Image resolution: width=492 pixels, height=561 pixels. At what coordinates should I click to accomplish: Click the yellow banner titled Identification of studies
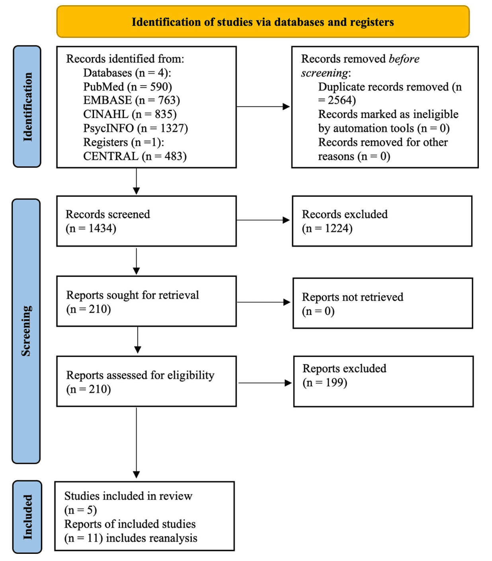263,22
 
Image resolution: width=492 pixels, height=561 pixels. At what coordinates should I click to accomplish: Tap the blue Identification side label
27,106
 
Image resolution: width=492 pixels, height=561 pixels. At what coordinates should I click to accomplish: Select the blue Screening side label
26,331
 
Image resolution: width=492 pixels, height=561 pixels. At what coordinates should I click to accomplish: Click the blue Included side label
27,517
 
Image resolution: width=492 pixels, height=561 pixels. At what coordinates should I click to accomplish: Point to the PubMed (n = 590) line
127,87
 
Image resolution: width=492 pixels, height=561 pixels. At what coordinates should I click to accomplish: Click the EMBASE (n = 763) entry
131,100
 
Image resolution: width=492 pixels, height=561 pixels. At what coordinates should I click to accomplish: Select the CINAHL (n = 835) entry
130,114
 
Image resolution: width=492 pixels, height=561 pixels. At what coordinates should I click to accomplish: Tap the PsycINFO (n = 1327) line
135,128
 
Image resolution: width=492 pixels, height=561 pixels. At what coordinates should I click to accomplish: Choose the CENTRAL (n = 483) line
135,156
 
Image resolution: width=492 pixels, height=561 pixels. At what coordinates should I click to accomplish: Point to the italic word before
404,59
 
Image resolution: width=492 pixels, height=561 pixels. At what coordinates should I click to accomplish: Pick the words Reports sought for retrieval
133,295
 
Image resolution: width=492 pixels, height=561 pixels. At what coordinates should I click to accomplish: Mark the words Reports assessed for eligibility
140,375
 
